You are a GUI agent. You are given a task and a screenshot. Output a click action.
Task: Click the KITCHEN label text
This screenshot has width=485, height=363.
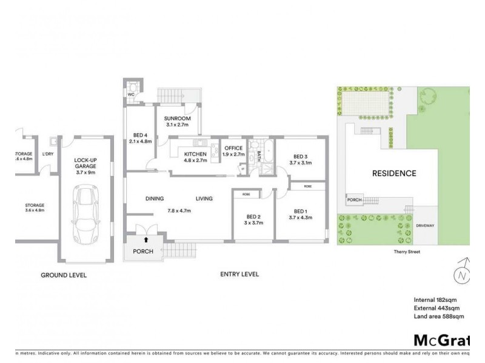(x=195, y=155)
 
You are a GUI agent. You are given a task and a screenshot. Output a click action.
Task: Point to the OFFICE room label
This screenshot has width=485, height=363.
(x=233, y=148)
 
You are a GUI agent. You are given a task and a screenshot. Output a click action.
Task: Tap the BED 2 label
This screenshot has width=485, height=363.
(x=253, y=217)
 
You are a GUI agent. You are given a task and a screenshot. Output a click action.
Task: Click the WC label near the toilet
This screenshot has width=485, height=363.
(x=130, y=94)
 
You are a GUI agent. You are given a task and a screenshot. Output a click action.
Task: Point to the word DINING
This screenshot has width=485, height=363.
(x=155, y=198)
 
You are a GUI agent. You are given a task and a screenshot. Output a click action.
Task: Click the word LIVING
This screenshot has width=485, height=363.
(x=205, y=198)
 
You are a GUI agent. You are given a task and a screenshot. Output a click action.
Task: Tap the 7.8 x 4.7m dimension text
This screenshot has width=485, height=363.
(x=179, y=211)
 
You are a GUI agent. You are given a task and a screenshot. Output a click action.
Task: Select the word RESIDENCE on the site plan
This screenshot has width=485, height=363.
(x=393, y=174)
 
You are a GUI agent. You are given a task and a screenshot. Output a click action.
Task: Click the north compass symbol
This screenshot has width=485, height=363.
(x=463, y=273)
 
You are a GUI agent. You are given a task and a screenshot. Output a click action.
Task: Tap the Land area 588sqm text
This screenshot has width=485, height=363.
(x=439, y=316)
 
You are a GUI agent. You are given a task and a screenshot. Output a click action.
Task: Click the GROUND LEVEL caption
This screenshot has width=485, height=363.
(x=64, y=275)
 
